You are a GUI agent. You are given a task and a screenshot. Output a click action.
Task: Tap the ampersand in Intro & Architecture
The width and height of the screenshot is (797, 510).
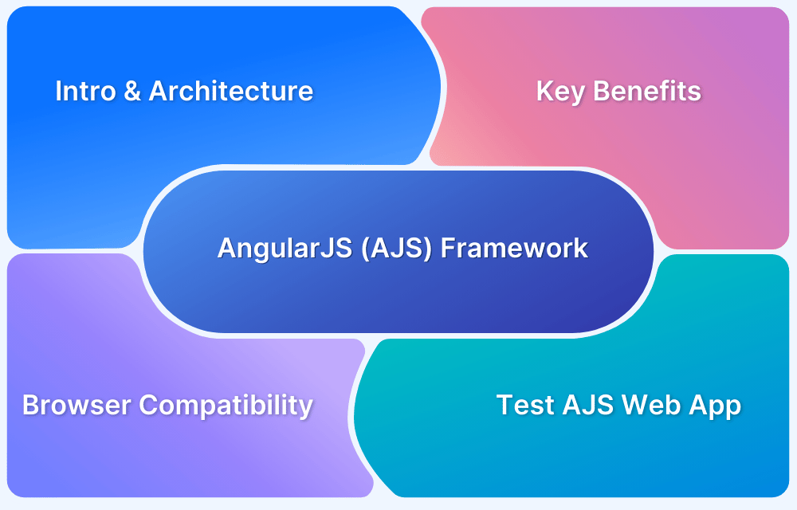click(x=131, y=92)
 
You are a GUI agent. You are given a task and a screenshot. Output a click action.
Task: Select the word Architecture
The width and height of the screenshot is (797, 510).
click(x=231, y=92)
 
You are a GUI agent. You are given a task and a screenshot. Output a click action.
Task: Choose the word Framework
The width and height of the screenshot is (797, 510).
click(x=515, y=248)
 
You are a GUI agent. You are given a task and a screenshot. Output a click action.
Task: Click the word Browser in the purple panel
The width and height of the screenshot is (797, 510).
click(x=77, y=405)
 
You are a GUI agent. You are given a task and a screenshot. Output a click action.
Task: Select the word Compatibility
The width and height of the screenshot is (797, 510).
click(x=226, y=406)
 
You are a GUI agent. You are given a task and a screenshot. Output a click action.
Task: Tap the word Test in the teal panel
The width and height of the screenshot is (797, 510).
click(x=524, y=405)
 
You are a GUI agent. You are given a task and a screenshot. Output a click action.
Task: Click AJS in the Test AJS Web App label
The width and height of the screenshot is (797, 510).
click(x=588, y=405)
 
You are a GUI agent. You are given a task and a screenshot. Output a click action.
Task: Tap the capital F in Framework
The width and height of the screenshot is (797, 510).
click(x=448, y=248)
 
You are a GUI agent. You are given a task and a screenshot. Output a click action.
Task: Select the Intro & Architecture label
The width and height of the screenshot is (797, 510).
click(x=184, y=92)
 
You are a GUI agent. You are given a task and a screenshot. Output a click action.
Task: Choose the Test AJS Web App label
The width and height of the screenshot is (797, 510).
click(x=619, y=405)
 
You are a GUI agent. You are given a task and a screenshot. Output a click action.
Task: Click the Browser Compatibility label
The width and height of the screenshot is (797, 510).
click(x=167, y=406)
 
